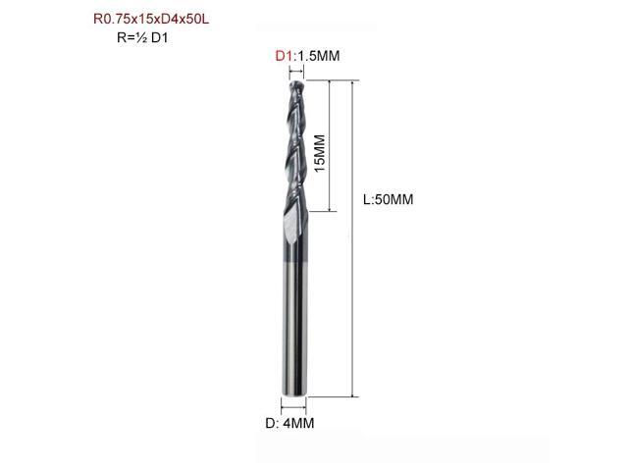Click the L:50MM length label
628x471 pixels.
click(388, 199)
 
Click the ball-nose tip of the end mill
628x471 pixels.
click(293, 85)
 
